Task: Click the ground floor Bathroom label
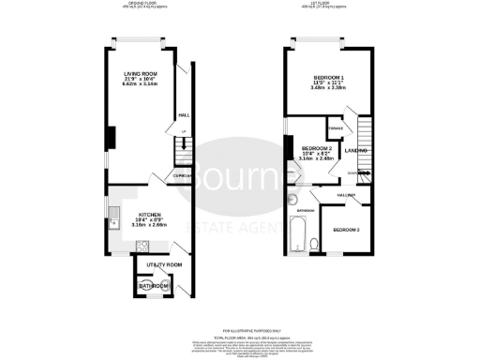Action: (x=152, y=285)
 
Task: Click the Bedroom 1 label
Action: (x=329, y=79)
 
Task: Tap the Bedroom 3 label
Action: (x=345, y=229)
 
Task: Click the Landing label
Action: (x=355, y=150)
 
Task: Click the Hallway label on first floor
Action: (x=344, y=193)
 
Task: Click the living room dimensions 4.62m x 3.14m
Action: (x=143, y=84)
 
